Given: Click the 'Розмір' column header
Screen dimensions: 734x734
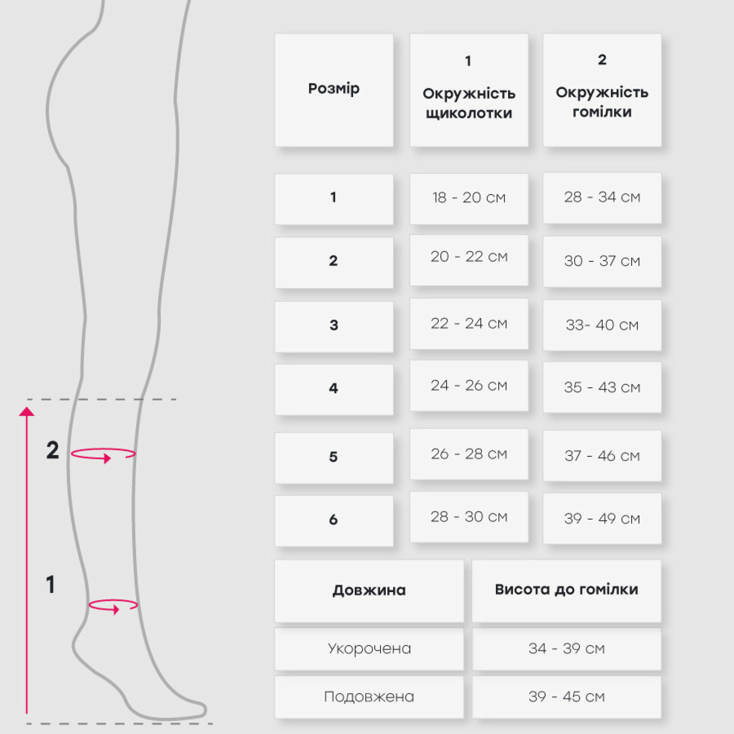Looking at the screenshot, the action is pyautogui.click(x=334, y=90).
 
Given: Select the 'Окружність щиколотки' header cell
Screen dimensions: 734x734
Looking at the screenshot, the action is pyautogui.click(x=469, y=90).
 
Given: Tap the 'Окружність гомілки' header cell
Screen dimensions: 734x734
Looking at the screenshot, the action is pyautogui.click(x=602, y=90).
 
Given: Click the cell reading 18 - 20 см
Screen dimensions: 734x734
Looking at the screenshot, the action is pyautogui.click(x=469, y=198).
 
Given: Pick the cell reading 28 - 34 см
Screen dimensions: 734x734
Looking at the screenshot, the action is pyautogui.click(x=602, y=198).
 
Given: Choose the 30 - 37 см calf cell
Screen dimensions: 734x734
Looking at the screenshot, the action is pyautogui.click(x=602, y=262).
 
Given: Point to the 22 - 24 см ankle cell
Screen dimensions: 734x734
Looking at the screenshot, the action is pyautogui.click(x=469, y=324).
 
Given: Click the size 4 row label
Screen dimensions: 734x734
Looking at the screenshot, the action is pyautogui.click(x=334, y=389).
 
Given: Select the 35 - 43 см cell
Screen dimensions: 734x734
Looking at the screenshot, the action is pyautogui.click(x=602, y=387).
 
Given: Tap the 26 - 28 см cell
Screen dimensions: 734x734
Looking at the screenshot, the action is pyautogui.click(x=469, y=454).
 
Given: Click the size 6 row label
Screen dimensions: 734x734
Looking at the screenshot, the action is pyautogui.click(x=334, y=521).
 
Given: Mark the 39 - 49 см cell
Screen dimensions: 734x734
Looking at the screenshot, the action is pyautogui.click(x=602, y=519).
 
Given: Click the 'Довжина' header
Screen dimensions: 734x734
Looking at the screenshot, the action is pyautogui.click(x=369, y=591).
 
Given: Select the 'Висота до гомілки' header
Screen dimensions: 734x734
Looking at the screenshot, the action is pyautogui.click(x=566, y=591).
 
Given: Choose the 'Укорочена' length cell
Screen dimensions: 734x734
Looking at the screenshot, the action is pyautogui.click(x=369, y=649).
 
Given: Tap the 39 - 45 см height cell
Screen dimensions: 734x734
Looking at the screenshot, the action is pyautogui.click(x=566, y=697).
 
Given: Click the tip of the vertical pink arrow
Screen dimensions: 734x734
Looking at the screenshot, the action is pyautogui.click(x=27, y=407).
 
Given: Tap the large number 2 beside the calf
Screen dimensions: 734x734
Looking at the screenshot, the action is pyautogui.click(x=53, y=450).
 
